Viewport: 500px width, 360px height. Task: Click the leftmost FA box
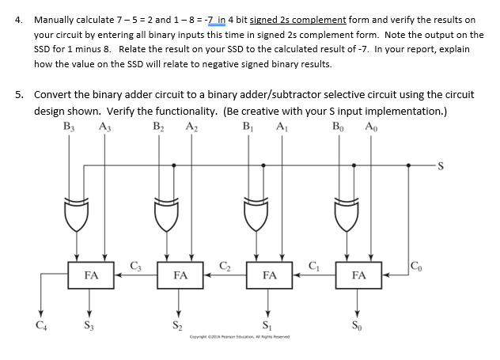90,275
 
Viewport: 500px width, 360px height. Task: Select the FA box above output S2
180,275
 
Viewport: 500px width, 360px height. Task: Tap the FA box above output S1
269,275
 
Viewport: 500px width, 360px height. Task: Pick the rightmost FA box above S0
358,275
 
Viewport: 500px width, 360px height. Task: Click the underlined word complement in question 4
316,19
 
